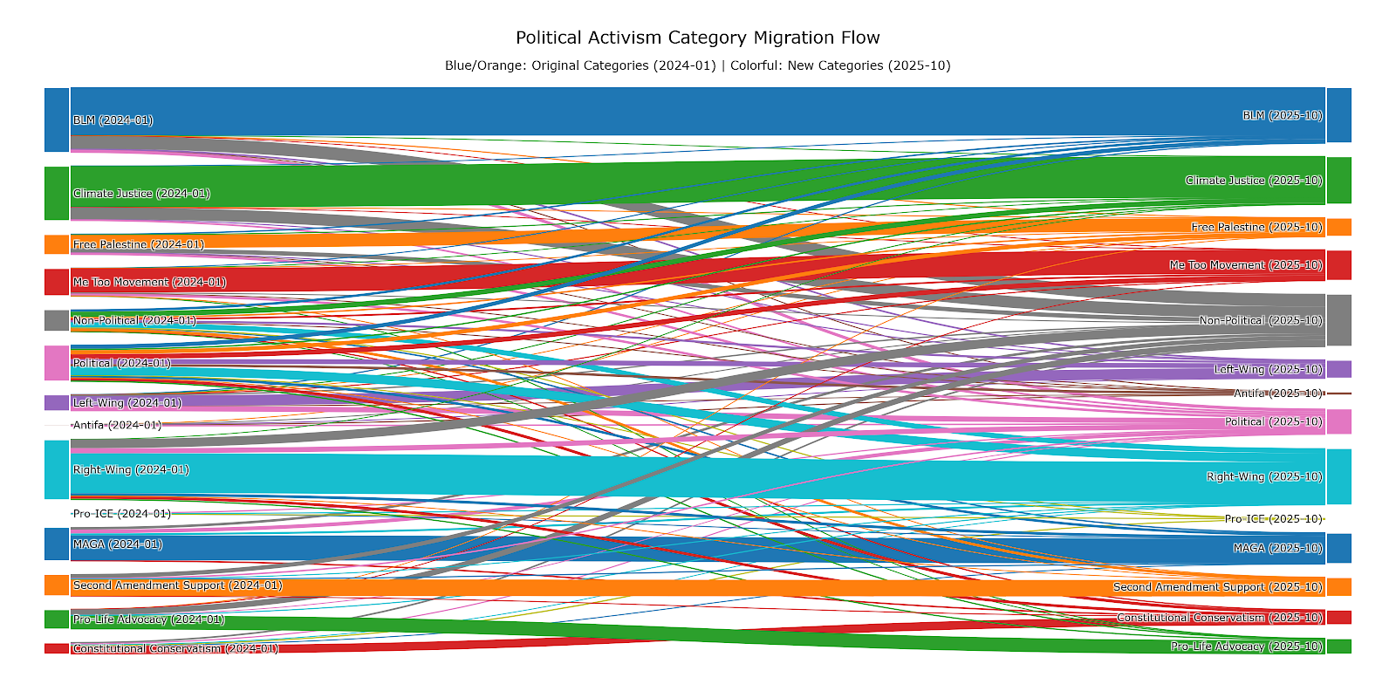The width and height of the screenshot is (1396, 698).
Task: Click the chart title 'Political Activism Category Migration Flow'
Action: tap(697, 38)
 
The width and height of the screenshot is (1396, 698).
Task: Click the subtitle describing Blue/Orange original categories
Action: tap(697, 65)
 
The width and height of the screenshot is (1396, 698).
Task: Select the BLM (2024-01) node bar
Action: tap(57, 120)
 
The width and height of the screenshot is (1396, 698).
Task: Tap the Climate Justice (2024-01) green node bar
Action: tap(57, 193)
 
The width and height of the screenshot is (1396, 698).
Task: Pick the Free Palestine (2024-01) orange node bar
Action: tap(57, 244)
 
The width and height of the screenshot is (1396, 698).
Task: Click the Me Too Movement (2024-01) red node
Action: tap(57, 282)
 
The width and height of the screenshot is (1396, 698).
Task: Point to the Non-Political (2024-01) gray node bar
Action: tap(57, 320)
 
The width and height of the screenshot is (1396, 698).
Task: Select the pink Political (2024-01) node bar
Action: tap(57, 363)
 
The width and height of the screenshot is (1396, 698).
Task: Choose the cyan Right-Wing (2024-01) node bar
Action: tap(57, 469)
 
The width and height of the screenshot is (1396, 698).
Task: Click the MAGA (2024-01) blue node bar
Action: tap(57, 544)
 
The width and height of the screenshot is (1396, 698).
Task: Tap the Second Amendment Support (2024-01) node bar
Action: tap(57, 585)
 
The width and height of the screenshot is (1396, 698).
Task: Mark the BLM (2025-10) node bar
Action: tap(1338, 115)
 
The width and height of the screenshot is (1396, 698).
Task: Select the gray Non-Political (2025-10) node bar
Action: tap(1338, 320)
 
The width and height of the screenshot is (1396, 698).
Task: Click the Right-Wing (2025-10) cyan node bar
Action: tap(1338, 476)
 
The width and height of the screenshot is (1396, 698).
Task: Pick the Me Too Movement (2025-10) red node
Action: tap(1338, 265)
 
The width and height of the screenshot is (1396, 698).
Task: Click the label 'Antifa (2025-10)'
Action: tap(1277, 393)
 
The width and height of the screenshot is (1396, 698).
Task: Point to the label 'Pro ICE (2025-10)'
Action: tap(1273, 519)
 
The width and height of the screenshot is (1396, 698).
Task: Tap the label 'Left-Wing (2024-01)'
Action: tap(127, 403)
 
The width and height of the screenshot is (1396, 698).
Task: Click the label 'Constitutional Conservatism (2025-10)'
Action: tap(1219, 618)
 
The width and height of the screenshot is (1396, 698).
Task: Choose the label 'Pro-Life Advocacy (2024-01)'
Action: tap(148, 619)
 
